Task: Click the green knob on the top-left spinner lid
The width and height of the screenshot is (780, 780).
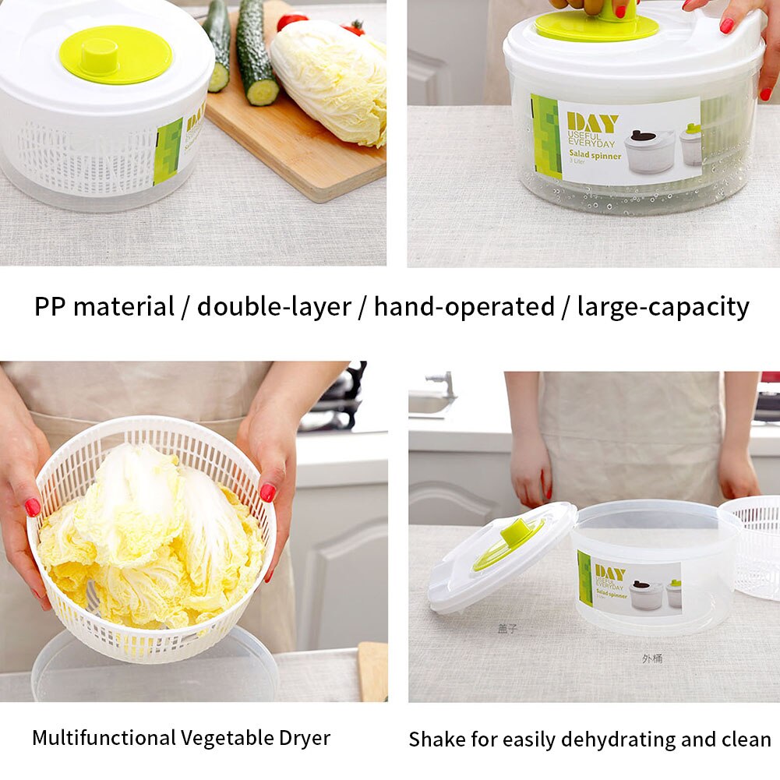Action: (115, 55)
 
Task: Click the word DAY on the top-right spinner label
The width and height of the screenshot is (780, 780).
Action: (592, 122)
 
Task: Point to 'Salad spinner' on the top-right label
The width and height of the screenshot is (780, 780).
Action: (594, 156)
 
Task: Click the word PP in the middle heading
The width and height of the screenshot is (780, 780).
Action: (50, 306)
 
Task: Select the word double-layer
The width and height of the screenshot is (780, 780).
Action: (274, 306)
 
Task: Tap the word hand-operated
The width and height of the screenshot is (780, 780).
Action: (464, 306)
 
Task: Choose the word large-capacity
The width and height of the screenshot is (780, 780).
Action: (662, 306)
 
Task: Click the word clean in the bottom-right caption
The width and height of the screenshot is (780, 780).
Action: (745, 739)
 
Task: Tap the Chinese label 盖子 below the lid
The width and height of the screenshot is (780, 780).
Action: (507, 628)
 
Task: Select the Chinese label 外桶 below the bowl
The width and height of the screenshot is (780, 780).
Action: (652, 658)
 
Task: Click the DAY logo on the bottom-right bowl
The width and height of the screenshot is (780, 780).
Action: (610, 574)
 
